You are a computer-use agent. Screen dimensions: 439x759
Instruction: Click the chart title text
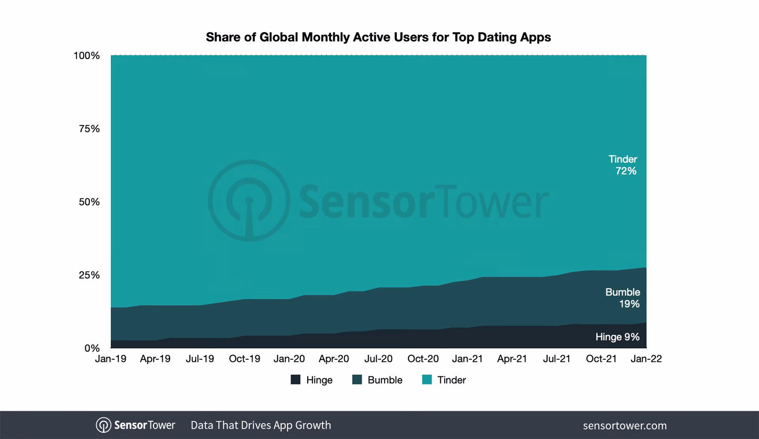click(378, 37)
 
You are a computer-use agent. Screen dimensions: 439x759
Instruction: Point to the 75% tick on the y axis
click(89, 129)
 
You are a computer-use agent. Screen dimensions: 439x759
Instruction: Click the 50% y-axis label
click(89, 202)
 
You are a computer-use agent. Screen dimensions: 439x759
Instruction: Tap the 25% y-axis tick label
click(89, 275)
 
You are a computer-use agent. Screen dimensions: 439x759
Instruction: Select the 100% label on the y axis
click(86, 56)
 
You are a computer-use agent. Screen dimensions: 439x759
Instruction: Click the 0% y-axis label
click(92, 348)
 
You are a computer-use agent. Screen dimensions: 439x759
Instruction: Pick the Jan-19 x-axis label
click(110, 359)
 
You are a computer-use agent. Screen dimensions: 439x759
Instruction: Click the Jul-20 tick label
click(378, 359)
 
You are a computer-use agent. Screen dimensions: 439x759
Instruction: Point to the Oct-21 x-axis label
click(601, 359)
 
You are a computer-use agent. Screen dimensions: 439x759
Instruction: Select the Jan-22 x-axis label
click(646, 359)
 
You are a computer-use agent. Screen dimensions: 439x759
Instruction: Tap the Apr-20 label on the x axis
click(334, 359)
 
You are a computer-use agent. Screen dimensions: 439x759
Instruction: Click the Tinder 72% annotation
click(623, 165)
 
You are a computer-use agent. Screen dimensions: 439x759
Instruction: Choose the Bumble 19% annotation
click(623, 298)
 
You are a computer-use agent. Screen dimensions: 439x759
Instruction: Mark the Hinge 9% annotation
click(617, 337)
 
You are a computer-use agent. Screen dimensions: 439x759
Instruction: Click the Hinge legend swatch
click(295, 380)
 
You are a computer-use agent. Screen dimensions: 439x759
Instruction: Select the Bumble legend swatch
click(357, 380)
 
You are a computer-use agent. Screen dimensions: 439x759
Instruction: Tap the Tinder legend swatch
click(427, 380)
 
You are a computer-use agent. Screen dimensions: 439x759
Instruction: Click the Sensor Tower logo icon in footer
click(103, 425)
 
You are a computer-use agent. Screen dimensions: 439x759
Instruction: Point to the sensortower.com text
click(624, 426)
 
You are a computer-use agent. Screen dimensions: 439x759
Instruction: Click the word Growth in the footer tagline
click(313, 425)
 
